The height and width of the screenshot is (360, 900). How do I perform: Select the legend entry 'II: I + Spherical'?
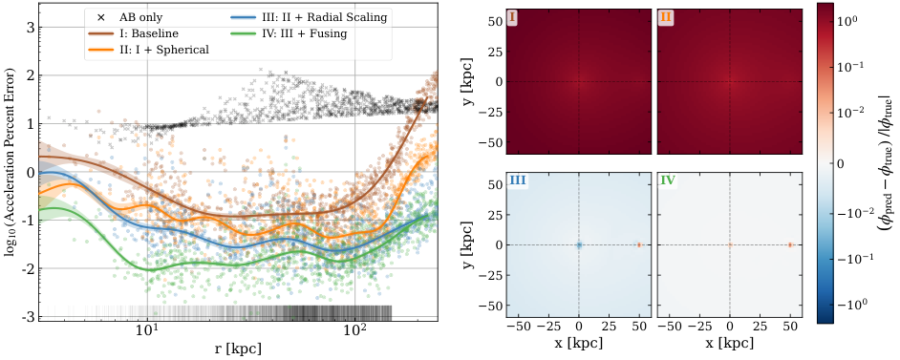pos(161,50)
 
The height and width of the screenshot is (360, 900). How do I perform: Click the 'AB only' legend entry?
pos(138,17)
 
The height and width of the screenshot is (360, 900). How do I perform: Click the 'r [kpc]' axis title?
pos(238,349)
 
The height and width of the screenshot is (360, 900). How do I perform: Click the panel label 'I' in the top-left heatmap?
pos(512,16)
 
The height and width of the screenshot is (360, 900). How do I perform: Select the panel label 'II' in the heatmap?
pos(665,16)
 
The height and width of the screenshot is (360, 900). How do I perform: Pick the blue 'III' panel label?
pos(517,180)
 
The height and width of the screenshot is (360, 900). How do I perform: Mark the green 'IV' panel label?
pos(669,180)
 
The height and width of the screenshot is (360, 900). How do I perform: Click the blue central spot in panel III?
pos(579,244)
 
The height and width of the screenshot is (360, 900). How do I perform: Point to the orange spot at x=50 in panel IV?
pos(790,244)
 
